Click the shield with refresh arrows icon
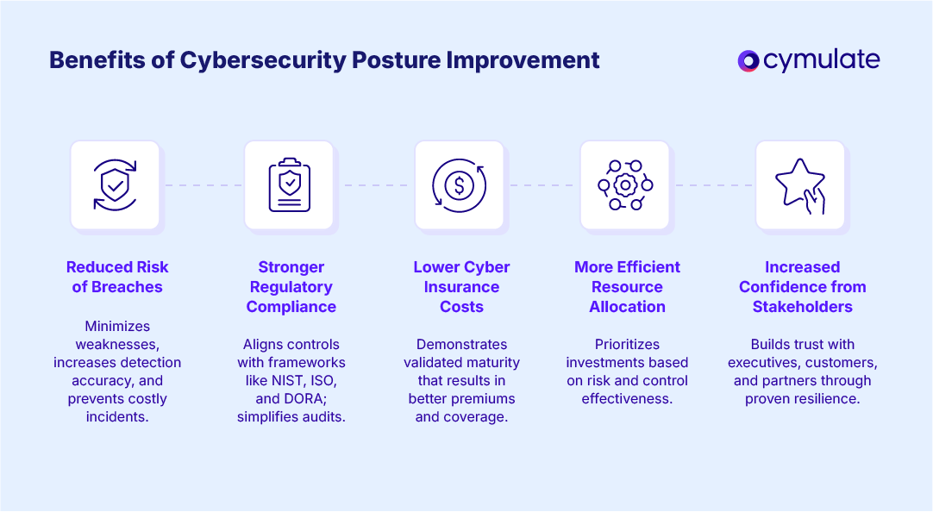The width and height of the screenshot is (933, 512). (x=115, y=185)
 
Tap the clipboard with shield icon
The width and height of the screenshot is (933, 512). (x=290, y=185)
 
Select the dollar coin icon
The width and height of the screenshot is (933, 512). (x=459, y=185)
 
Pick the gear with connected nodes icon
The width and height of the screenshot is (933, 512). (x=625, y=185)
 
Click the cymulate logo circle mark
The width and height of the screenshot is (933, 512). (x=748, y=60)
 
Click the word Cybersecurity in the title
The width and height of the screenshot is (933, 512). (x=262, y=61)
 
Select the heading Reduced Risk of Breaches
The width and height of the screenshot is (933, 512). (x=117, y=277)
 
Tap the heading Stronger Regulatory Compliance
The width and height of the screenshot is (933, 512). (x=291, y=287)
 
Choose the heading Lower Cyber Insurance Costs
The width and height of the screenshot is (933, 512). (x=461, y=287)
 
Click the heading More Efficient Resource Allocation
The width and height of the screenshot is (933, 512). (x=627, y=287)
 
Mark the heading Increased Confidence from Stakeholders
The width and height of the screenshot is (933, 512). (x=802, y=287)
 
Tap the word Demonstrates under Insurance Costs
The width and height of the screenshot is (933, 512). (x=461, y=344)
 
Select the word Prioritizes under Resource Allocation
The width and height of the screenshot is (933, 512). (x=627, y=344)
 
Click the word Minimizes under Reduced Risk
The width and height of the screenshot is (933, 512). (x=117, y=326)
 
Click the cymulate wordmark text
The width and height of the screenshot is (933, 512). (x=821, y=60)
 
